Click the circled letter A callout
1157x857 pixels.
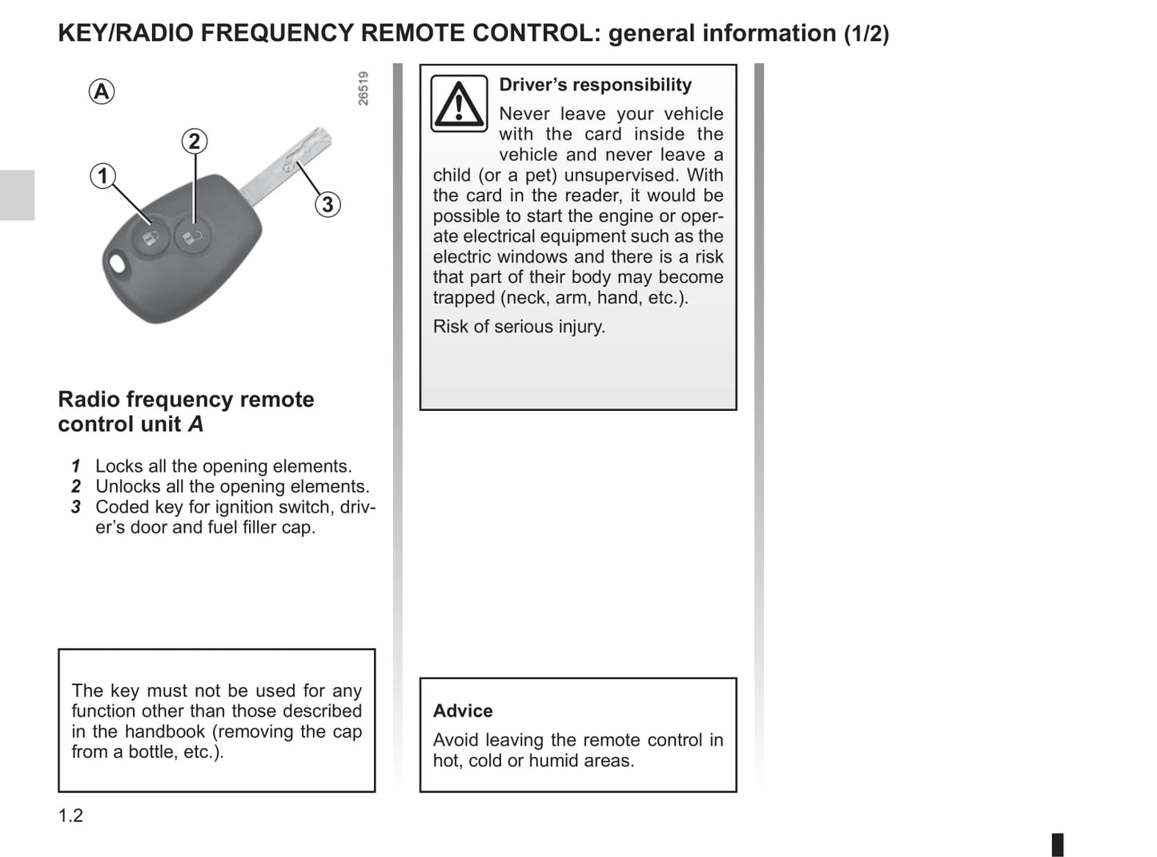pos(102,91)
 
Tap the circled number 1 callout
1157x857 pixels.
pos(102,175)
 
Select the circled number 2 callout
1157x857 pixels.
pos(194,142)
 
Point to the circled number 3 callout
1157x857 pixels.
pos(327,204)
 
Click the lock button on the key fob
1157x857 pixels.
pos(151,237)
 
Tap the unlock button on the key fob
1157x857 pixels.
pos(192,236)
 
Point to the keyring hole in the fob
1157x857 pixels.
pos(119,264)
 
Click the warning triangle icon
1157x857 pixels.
pos(459,104)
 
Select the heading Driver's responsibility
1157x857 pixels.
pos(595,85)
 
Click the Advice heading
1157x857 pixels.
pos(463,710)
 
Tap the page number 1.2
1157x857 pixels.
pos(70,815)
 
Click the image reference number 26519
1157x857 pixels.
pos(364,88)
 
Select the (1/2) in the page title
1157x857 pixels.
pos(866,34)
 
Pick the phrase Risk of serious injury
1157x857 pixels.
pos(519,327)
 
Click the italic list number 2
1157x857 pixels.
pos(76,486)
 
